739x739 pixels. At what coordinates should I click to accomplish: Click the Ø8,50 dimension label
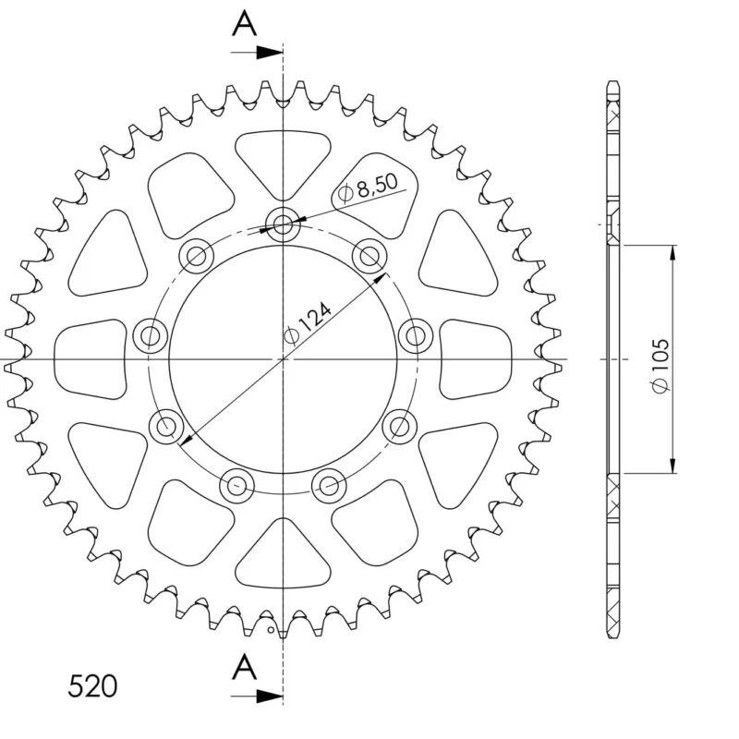[x=368, y=188]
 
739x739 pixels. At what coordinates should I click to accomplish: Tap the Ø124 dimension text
[x=308, y=324]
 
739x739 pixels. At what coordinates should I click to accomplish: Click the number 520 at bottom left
[x=92, y=686]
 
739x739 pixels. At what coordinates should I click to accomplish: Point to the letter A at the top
[x=244, y=24]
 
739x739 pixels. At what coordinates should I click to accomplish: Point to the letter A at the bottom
[x=244, y=667]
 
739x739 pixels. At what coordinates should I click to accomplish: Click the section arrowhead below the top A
[x=269, y=53]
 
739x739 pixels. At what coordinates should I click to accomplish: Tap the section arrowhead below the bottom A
[x=269, y=696]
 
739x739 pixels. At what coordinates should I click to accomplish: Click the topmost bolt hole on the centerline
[x=283, y=224]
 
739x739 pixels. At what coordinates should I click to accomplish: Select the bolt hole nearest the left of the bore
[x=151, y=336]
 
